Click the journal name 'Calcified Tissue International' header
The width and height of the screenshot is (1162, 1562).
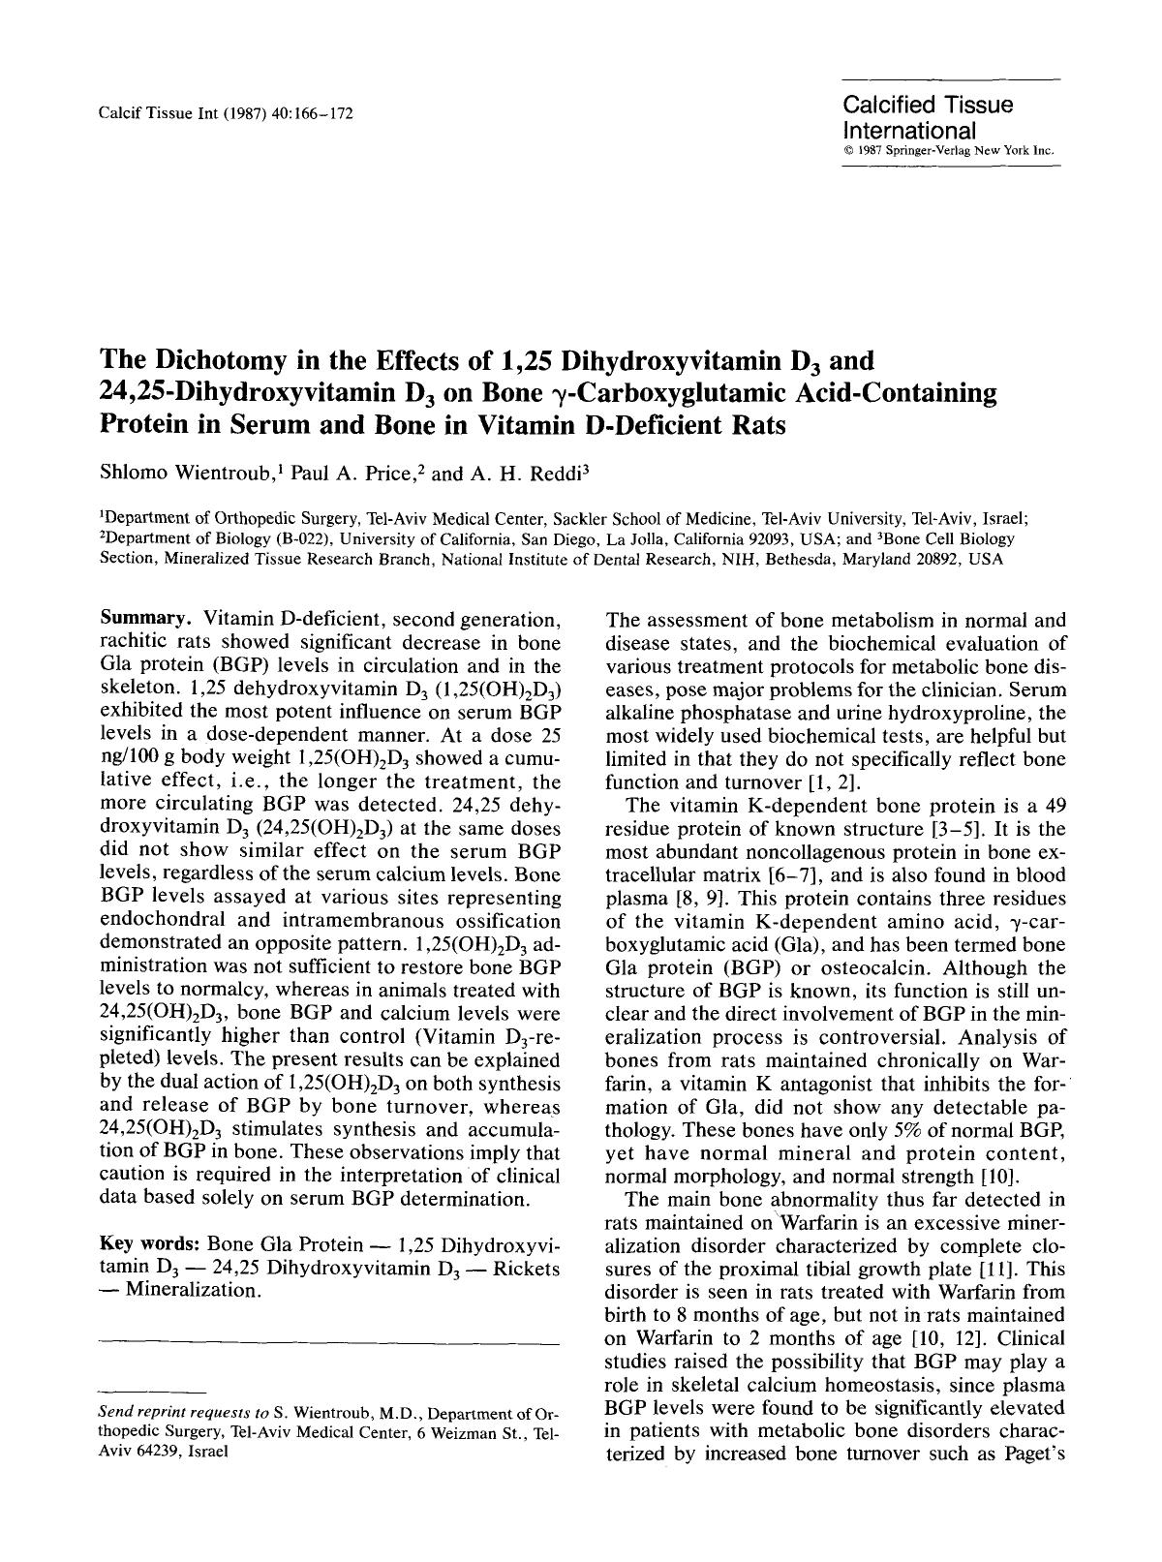(x=927, y=117)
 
